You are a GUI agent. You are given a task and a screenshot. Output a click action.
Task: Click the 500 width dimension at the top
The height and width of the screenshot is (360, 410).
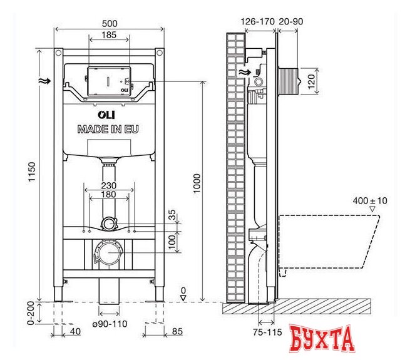110,23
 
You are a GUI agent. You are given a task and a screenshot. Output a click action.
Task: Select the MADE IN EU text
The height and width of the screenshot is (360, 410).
108,130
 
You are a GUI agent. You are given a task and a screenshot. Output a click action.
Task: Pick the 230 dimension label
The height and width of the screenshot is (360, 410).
110,185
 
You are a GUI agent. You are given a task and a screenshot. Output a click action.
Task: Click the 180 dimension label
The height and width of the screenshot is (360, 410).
110,195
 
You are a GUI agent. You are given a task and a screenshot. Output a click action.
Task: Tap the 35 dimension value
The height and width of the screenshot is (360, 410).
173,215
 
